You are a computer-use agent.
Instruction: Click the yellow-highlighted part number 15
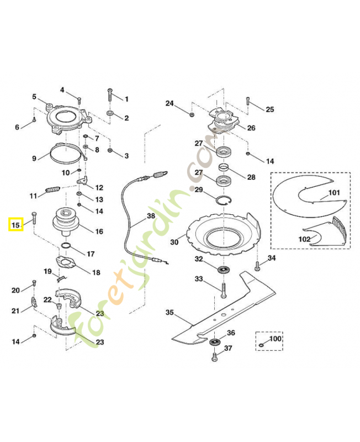pyautogui.click(x=15, y=225)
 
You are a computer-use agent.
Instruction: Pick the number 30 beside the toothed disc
pyautogui.click(x=174, y=241)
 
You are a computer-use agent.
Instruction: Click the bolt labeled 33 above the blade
pyautogui.click(x=224, y=289)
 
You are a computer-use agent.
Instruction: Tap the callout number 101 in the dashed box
pyautogui.click(x=334, y=193)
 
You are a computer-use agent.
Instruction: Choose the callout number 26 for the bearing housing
pyautogui.click(x=251, y=128)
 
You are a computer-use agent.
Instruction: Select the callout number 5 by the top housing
pyautogui.click(x=34, y=97)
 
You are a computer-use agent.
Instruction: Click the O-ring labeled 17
pyautogui.click(x=65, y=246)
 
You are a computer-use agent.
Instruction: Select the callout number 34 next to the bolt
pyautogui.click(x=272, y=258)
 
